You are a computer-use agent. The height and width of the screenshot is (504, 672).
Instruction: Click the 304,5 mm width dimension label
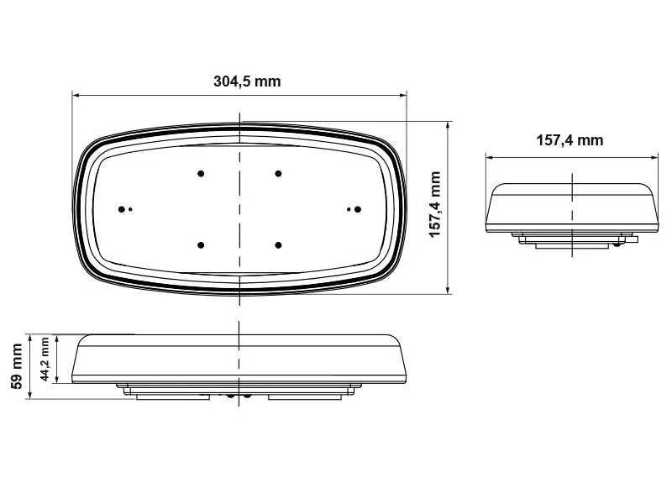tap(247, 81)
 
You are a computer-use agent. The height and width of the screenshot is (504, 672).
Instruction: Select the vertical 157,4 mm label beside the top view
tap(435, 205)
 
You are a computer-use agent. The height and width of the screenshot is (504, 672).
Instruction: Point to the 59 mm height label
tap(15, 367)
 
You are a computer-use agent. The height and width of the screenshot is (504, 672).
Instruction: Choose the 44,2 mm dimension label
tap(45, 360)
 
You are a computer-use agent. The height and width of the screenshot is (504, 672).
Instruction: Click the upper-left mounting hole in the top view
tap(201, 174)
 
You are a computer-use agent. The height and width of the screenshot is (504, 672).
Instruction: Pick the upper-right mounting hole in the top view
tap(278, 174)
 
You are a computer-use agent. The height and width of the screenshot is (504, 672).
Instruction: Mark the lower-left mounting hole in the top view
tap(201, 244)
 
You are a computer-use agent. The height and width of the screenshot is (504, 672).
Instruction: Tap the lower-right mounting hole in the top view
tap(278, 244)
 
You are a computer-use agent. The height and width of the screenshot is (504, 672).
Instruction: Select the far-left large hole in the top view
tap(123, 208)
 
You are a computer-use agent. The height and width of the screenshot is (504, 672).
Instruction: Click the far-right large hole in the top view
tap(357, 208)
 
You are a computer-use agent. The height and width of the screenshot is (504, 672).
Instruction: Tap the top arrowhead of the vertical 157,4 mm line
tap(449, 123)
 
